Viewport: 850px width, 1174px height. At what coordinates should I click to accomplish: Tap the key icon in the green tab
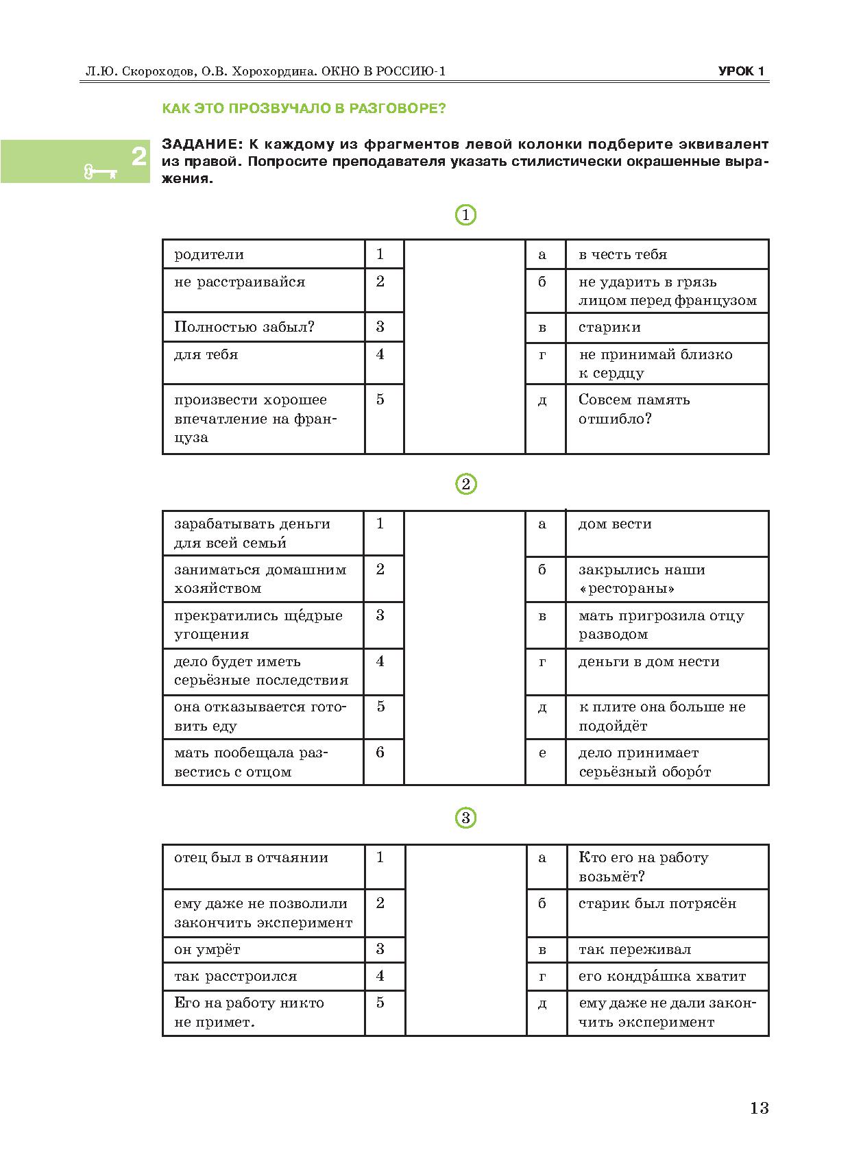click(100, 171)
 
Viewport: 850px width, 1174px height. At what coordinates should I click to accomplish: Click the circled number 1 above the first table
click(465, 215)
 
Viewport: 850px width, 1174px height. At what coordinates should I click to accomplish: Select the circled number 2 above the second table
click(465, 485)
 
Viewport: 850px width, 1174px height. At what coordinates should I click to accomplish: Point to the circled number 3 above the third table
click(465, 818)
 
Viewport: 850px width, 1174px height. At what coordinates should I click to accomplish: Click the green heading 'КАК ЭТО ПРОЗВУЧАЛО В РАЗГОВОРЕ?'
click(303, 108)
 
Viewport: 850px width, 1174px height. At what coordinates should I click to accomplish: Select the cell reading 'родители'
click(209, 255)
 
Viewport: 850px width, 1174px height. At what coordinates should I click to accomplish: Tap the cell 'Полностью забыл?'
click(244, 327)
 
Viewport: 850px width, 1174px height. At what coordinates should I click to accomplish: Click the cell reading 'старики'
click(609, 328)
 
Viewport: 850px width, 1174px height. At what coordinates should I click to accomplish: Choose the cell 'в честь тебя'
click(622, 255)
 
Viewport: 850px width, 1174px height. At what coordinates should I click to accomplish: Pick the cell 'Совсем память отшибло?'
click(634, 409)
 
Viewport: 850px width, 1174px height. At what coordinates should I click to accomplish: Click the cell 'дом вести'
click(615, 524)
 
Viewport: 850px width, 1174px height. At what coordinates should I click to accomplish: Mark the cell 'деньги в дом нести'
click(648, 662)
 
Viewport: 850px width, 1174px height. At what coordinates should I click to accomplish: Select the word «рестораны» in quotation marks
click(627, 589)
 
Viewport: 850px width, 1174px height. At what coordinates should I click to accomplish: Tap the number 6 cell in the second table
click(380, 753)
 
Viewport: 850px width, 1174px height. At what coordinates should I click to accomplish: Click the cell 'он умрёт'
click(207, 950)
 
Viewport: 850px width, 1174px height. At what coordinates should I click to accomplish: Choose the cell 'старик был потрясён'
click(657, 904)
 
